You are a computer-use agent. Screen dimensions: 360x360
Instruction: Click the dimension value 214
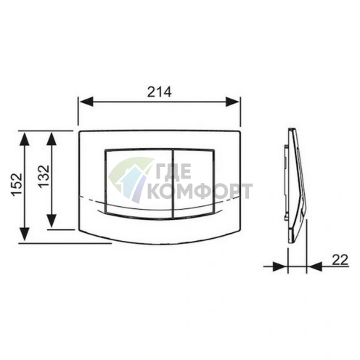click(x=160, y=91)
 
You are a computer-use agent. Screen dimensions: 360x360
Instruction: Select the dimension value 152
click(x=17, y=184)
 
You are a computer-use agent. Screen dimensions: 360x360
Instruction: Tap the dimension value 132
click(x=44, y=176)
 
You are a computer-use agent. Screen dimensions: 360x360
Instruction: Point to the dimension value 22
click(x=340, y=260)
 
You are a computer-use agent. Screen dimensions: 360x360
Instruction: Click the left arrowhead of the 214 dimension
click(x=86, y=102)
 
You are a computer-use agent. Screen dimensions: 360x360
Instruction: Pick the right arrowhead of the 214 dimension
click(x=232, y=102)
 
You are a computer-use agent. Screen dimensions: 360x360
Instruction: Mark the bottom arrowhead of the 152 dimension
click(x=25, y=234)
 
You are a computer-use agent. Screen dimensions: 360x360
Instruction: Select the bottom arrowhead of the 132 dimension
click(x=51, y=221)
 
